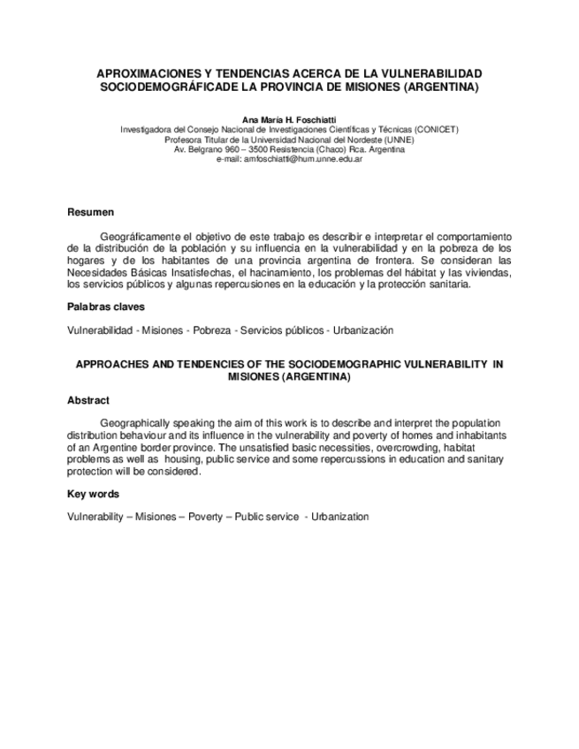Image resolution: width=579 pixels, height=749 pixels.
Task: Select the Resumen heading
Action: [90, 212]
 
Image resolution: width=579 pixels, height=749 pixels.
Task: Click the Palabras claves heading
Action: [107, 307]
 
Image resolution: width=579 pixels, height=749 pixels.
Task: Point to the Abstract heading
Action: [88, 400]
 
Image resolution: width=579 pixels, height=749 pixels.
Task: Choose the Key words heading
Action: [93, 494]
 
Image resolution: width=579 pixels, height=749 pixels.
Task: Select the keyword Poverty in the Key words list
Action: [206, 517]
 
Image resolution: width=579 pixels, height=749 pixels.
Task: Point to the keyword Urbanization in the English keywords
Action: [339, 517]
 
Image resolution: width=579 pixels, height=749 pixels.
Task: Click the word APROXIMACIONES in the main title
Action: [146, 74]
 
